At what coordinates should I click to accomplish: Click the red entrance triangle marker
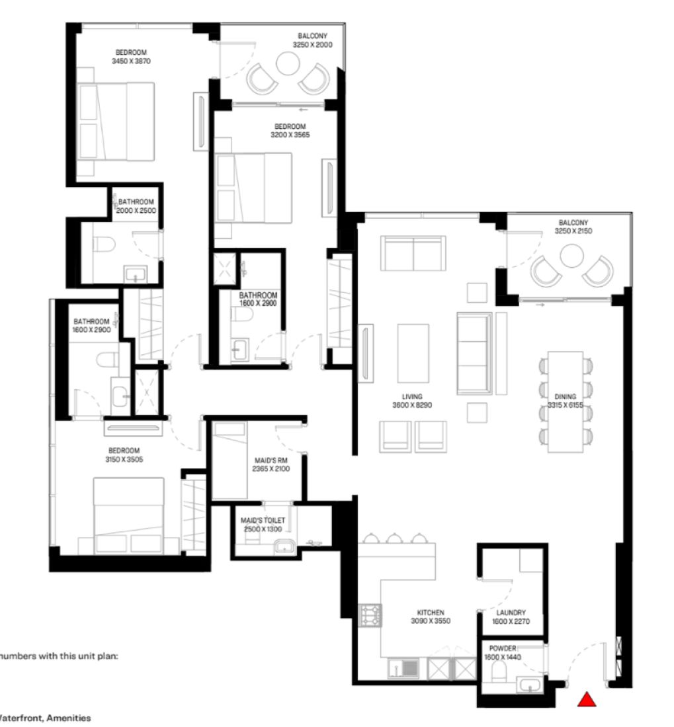coord(586,699)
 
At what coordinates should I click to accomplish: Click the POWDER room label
coord(503,648)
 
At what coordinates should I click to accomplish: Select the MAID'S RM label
coord(271,460)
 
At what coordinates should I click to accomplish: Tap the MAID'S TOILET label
coord(263,521)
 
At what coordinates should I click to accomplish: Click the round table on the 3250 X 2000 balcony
coord(288,64)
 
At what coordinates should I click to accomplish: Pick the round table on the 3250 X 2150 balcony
coord(571,256)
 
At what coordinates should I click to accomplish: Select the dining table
coord(566,401)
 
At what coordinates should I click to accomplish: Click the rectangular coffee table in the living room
coord(413,344)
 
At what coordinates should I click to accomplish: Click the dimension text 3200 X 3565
coord(290,134)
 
